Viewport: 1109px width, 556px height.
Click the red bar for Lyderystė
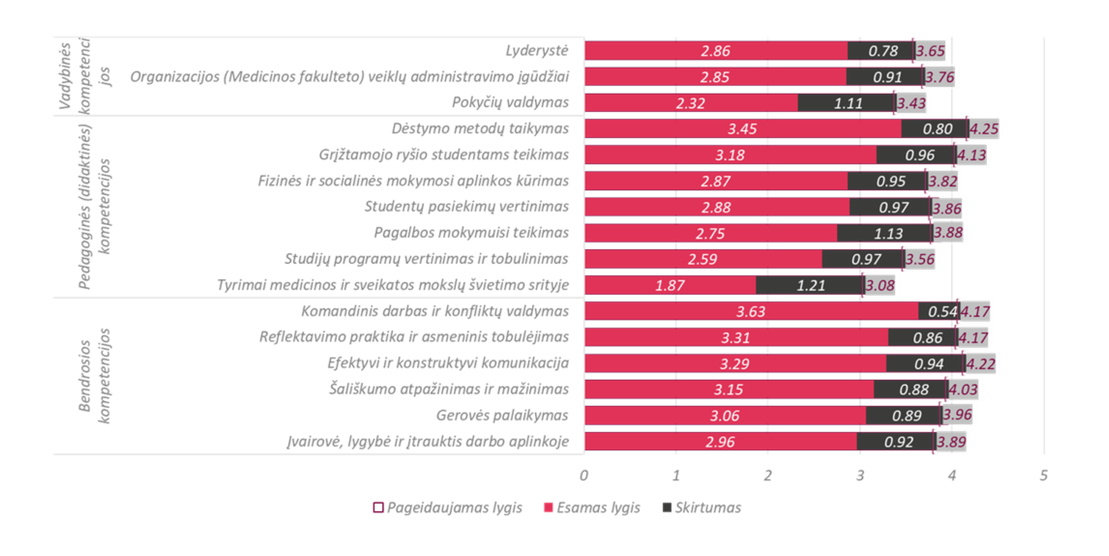716,51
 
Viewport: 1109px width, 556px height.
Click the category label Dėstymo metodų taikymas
479,129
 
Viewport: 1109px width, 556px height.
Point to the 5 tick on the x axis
1044,475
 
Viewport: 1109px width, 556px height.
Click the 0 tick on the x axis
584,475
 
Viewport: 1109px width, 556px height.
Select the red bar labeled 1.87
670,285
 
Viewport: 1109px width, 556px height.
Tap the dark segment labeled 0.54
939,311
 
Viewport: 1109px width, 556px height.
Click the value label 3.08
880,285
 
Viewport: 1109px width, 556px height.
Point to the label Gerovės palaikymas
502,415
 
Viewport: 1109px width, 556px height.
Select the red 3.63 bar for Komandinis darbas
751,311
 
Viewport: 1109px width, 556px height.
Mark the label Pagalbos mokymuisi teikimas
471,233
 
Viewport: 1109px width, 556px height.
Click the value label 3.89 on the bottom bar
952,442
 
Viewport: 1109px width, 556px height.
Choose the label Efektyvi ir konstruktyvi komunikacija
448,363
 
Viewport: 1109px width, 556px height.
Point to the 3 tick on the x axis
860,475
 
